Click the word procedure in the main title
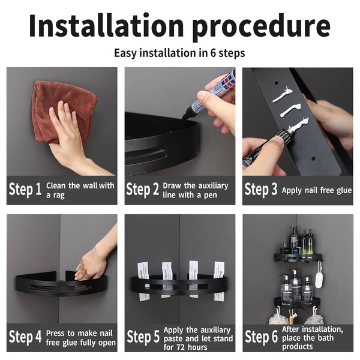[x=261, y=28]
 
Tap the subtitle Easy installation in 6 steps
[x=179, y=53]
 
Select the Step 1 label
[x=25, y=190]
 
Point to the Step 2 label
[x=143, y=190]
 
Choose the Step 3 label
[x=261, y=190]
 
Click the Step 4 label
[x=25, y=337]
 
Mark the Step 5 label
[x=143, y=337]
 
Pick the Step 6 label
[x=261, y=337]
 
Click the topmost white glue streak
[x=283, y=95]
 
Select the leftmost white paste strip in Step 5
[x=144, y=280]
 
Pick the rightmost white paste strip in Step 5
[x=219, y=280]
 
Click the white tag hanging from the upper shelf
[x=319, y=279]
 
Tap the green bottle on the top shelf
[x=307, y=242]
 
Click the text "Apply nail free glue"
[x=317, y=191]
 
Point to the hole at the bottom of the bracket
[x=313, y=158]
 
